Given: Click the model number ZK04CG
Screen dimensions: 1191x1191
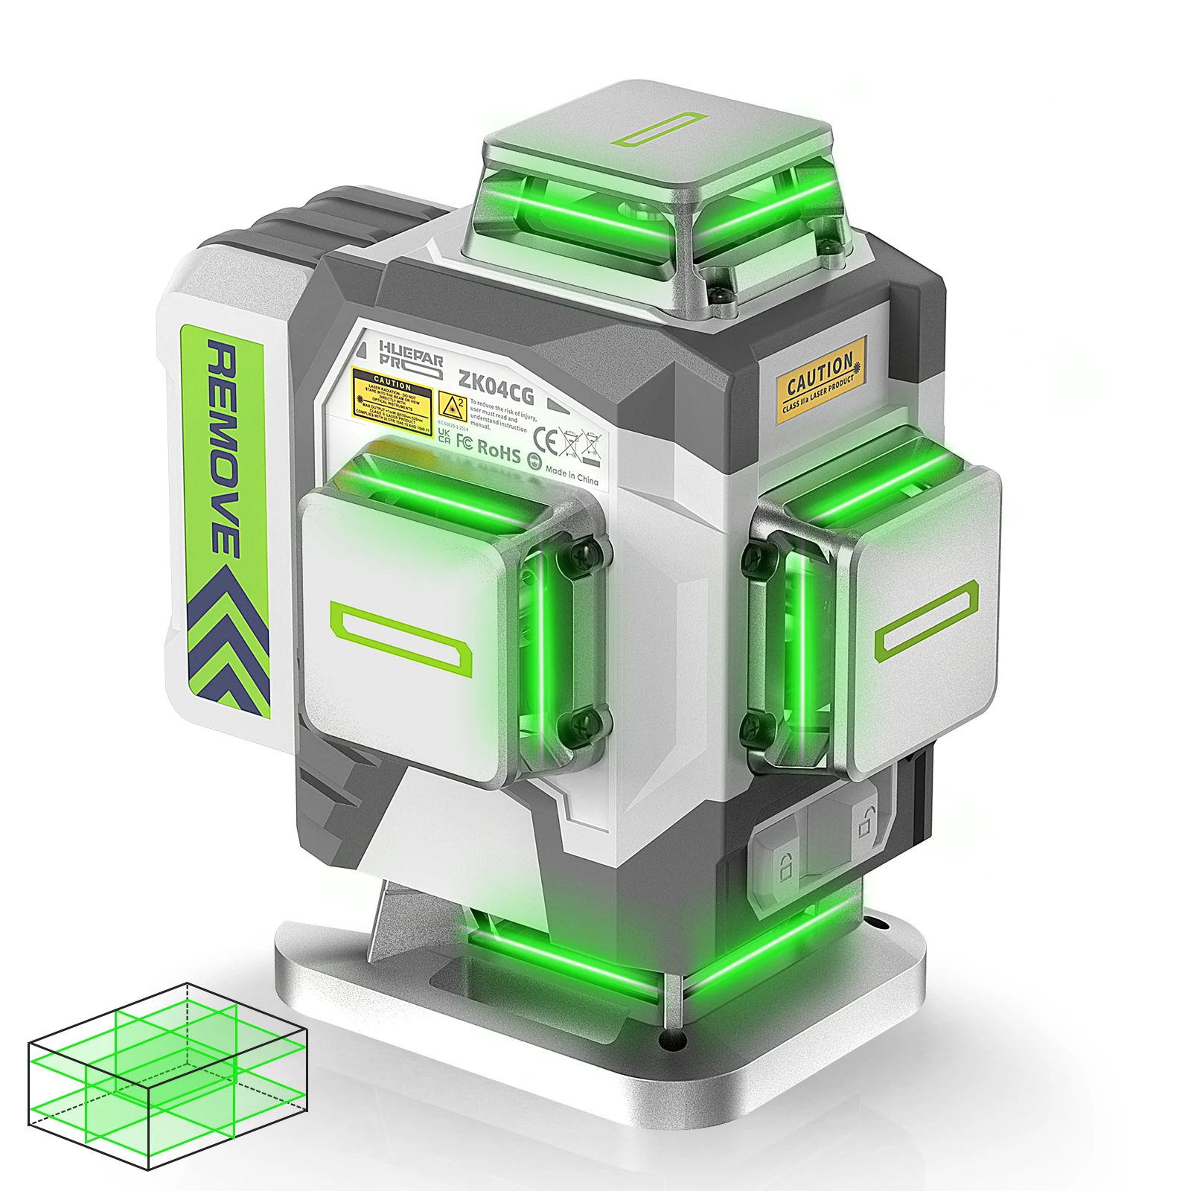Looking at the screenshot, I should pyautogui.click(x=496, y=389).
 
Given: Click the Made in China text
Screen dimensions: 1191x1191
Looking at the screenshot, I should pyautogui.click(x=571, y=474).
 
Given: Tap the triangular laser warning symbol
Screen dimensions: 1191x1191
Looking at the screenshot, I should pyautogui.click(x=452, y=406).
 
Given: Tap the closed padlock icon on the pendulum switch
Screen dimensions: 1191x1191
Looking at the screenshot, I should pyautogui.click(x=784, y=866).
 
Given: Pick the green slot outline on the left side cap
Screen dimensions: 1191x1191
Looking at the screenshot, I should pyautogui.click(x=401, y=639).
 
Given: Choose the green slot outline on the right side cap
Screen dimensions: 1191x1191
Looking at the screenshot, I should pyautogui.click(x=926, y=621).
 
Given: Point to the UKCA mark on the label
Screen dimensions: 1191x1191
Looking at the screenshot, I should pyautogui.click(x=444, y=435).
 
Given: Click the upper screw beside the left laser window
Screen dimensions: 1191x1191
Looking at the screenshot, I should pyautogui.click(x=588, y=551).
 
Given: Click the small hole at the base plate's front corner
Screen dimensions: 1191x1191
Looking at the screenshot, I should pyautogui.click(x=673, y=1041).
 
